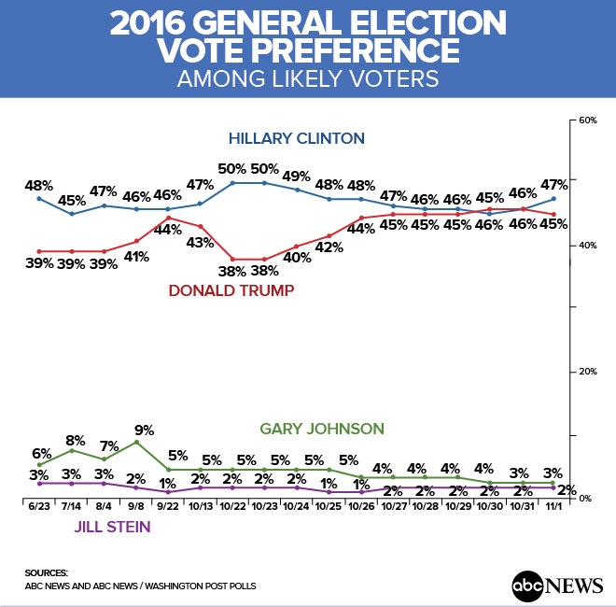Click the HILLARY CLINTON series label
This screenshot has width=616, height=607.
[x=297, y=139]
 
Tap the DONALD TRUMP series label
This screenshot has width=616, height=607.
[x=231, y=290]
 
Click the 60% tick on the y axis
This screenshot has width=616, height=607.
[x=588, y=121]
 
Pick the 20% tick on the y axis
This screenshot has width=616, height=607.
[x=588, y=372]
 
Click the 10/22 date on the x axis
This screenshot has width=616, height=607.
[x=232, y=507]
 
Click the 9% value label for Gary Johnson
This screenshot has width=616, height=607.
[x=144, y=431]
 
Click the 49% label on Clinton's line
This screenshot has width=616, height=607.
[x=296, y=175]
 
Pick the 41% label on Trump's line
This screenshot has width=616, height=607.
[x=137, y=257]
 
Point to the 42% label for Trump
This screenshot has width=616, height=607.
[x=329, y=247]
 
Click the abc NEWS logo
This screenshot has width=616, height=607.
[x=557, y=586]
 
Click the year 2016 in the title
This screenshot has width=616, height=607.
[x=156, y=22]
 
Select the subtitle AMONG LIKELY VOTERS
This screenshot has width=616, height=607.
[x=308, y=79]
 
